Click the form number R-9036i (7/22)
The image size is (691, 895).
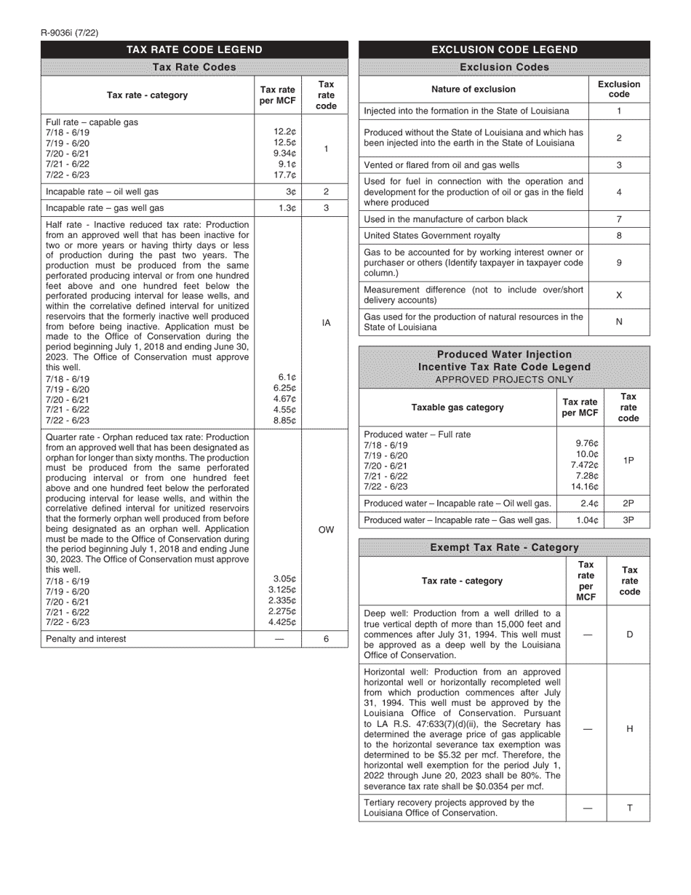pyautogui.click(x=70, y=33)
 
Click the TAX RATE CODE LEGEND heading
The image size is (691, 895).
pyautogui.click(x=194, y=49)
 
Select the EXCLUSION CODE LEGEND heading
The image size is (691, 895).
pyautogui.click(x=504, y=49)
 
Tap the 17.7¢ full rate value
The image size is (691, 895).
pyautogui.click(x=284, y=175)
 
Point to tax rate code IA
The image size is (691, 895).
pyautogui.click(x=326, y=322)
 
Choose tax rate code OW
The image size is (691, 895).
pyautogui.click(x=326, y=530)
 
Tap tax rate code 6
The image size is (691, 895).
pyautogui.click(x=326, y=639)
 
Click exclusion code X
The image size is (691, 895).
pyautogui.click(x=619, y=295)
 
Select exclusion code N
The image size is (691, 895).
pyautogui.click(x=619, y=322)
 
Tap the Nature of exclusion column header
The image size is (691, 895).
pyautogui.click(x=474, y=89)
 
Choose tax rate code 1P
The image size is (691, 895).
pyautogui.click(x=628, y=461)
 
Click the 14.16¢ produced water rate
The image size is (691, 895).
pyautogui.click(x=585, y=487)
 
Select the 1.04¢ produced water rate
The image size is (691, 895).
pyautogui.click(x=586, y=520)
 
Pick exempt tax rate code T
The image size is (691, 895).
pyautogui.click(x=629, y=808)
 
